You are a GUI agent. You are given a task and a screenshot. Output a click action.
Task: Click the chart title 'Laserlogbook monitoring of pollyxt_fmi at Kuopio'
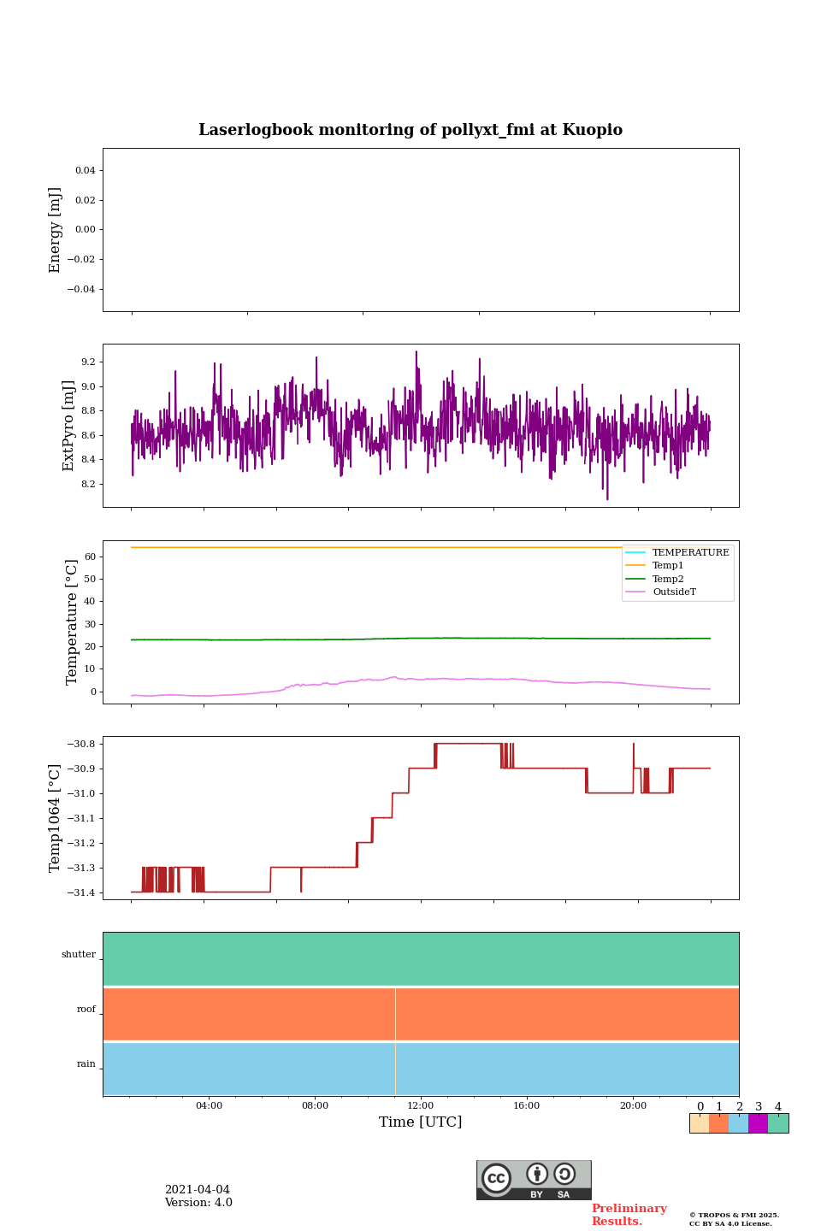pos(410,130)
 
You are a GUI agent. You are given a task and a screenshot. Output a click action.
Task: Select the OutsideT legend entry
pos(674,592)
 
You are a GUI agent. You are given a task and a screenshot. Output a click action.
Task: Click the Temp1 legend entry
pos(668,566)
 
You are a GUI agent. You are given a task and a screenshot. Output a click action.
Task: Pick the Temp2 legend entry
pos(668,579)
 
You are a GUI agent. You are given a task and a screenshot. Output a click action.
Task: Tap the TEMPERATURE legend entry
pos(690,553)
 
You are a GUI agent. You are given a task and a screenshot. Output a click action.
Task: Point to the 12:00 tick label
pos(421,1105)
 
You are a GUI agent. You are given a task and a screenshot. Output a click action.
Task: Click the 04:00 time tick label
pos(209,1105)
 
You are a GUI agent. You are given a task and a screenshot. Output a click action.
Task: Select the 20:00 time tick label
pos(633,1105)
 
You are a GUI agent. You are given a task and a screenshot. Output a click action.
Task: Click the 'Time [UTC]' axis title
pos(421,1122)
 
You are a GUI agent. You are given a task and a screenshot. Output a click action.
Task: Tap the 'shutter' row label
pos(79,955)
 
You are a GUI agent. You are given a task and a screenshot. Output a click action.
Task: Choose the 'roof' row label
pos(86,1010)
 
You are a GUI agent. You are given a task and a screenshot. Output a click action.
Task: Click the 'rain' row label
pos(86,1064)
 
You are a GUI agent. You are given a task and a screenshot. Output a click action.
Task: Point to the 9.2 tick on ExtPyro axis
pos(88,362)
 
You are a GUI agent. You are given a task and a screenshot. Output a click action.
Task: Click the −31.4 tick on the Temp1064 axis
pos(80,892)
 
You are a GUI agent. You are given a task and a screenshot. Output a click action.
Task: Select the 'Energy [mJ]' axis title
pos(56,230)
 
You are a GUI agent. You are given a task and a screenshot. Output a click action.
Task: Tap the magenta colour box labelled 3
pos(758,1123)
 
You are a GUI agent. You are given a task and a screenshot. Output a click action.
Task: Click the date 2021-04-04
pos(198,1190)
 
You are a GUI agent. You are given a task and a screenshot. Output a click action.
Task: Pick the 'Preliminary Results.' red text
pos(629,1215)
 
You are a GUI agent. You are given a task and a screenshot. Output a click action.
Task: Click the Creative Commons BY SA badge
pos(534,1180)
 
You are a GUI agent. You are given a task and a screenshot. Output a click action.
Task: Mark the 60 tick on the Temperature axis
pos(89,557)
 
